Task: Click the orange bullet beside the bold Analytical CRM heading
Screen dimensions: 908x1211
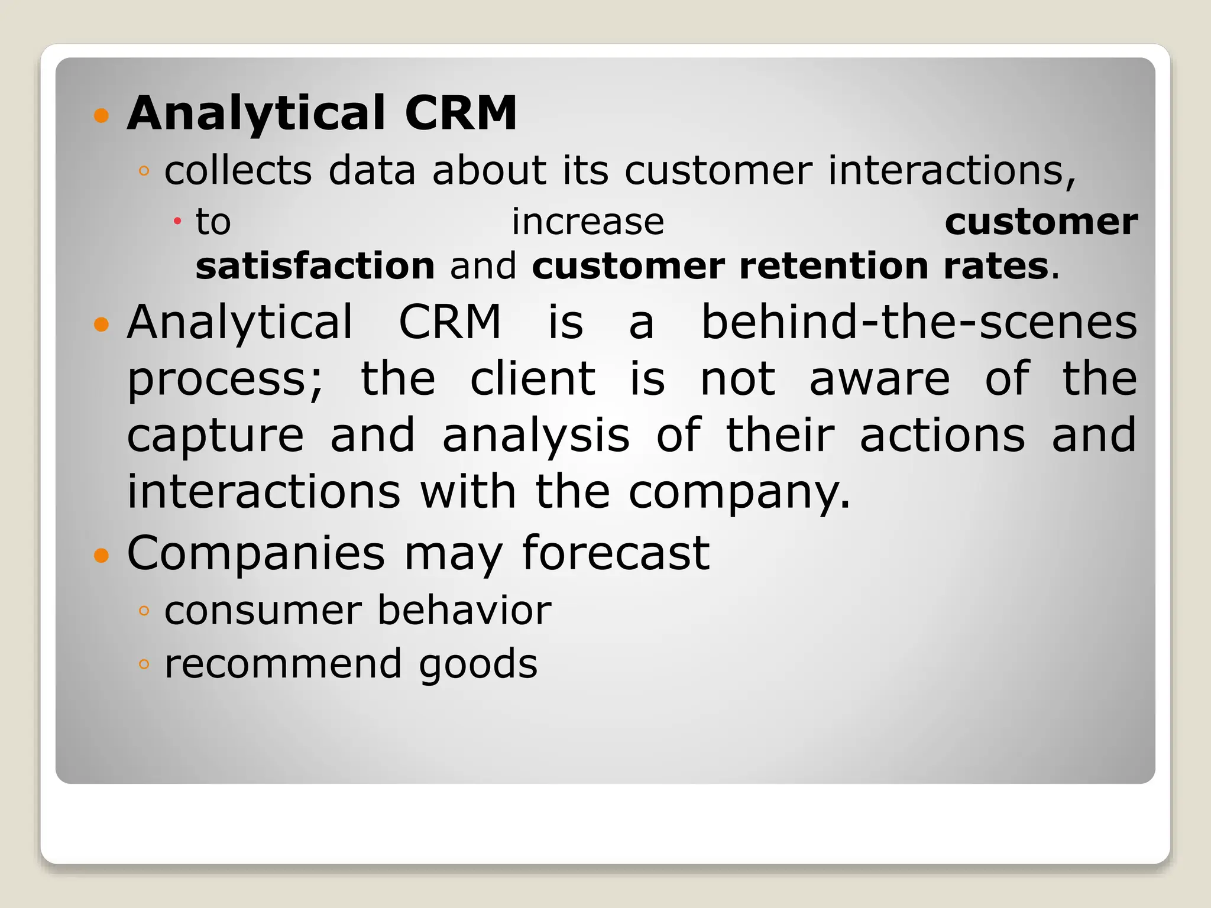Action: [x=102, y=115]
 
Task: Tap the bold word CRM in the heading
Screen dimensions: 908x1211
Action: [x=461, y=113]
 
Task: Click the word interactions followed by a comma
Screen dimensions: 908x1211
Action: [x=951, y=171]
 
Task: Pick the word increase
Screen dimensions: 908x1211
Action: [x=588, y=222]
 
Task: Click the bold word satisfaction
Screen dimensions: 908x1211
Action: [x=315, y=266]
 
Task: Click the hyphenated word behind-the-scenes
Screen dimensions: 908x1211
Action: [x=919, y=322]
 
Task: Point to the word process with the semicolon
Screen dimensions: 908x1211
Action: [x=225, y=380]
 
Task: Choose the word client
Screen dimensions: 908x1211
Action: [x=533, y=378]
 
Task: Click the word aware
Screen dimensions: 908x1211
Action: [x=879, y=378]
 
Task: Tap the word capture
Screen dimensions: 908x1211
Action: [x=215, y=436]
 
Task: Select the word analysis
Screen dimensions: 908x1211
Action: [x=536, y=436]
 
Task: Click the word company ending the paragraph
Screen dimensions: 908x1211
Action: [x=739, y=492]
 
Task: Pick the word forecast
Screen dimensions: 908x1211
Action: [x=616, y=553]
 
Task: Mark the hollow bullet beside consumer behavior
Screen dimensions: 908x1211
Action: [x=144, y=611]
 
